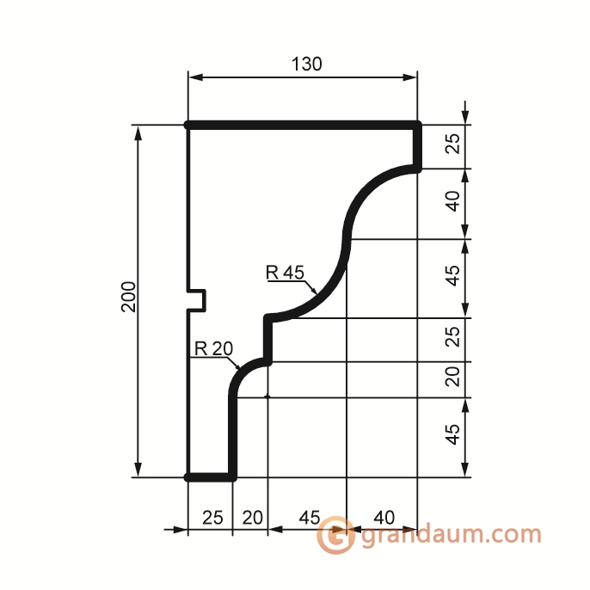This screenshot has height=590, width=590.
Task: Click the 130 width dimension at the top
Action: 307,65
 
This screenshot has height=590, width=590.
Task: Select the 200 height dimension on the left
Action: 129,297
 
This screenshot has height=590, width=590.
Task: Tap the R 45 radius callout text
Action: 285,272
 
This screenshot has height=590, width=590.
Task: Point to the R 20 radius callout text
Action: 213,349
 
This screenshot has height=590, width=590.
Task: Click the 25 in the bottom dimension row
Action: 212,518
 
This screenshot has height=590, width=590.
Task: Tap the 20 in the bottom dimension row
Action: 253,518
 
